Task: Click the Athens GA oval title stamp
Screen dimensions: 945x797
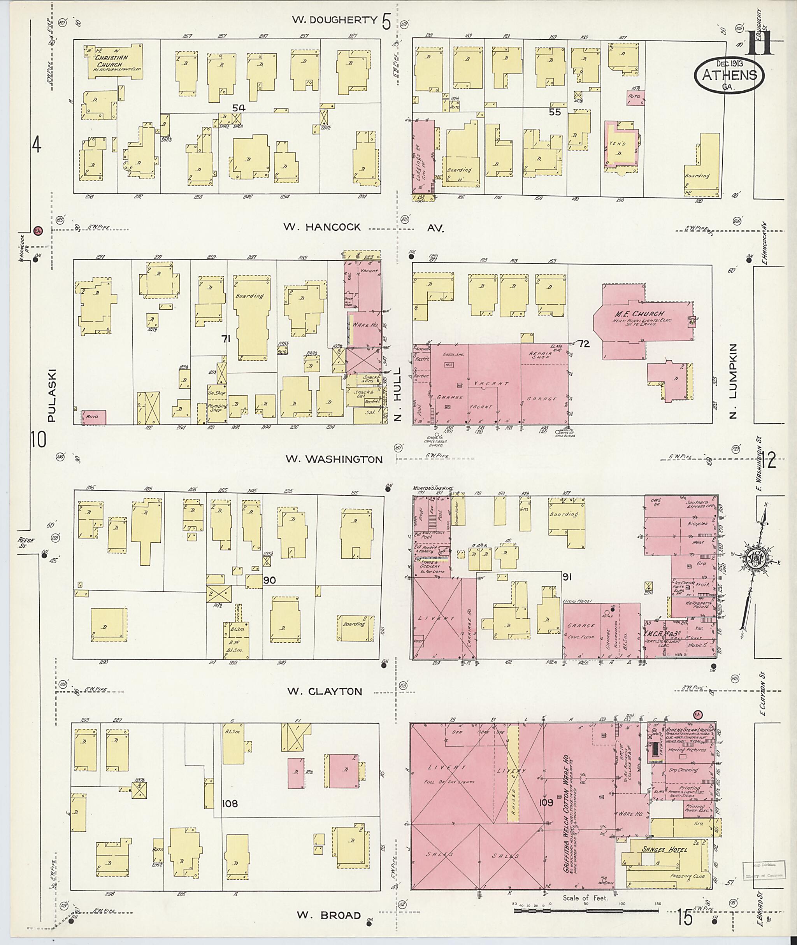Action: point(729,75)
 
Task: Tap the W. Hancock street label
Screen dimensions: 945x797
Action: point(322,227)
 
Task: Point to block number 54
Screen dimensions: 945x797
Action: point(239,108)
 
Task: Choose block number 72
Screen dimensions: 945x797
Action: point(583,344)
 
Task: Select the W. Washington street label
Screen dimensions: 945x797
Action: point(334,459)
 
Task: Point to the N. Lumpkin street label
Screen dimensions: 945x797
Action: point(733,381)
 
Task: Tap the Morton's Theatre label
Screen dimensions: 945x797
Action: point(426,488)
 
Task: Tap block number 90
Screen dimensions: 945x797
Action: point(269,580)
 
